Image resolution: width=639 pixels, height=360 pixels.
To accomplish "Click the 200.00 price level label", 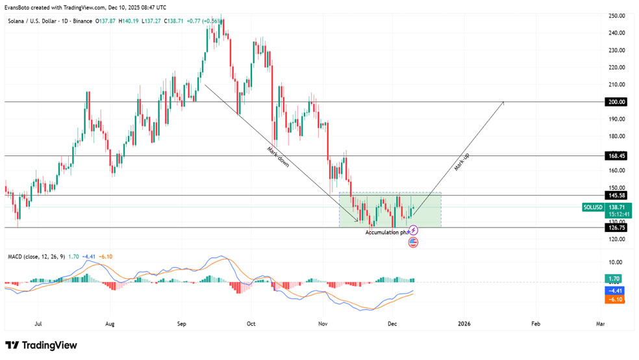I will (x=616, y=102).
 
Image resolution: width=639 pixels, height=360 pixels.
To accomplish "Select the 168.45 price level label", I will (x=616, y=156).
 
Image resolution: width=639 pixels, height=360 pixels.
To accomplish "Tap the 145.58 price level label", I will (x=616, y=195).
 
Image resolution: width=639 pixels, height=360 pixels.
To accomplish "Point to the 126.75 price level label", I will (x=616, y=227).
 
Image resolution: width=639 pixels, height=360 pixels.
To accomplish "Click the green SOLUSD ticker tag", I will (x=593, y=207).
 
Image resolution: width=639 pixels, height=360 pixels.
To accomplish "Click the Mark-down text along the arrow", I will (x=277, y=158).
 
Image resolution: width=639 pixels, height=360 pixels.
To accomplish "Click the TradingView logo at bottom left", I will (x=41, y=345).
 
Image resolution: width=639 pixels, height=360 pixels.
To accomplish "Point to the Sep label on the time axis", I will (x=182, y=323).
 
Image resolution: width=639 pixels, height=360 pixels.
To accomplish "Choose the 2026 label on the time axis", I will (x=464, y=323).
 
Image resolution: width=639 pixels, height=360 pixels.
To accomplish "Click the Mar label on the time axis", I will (x=600, y=323).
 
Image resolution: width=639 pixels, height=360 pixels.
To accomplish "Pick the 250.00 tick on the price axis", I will (x=617, y=16).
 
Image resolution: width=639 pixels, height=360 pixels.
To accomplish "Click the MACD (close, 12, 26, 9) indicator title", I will (x=36, y=257).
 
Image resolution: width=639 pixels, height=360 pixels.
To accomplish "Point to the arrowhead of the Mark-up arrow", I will (x=503, y=103).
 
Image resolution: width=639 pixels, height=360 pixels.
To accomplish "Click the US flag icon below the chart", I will (x=413, y=242).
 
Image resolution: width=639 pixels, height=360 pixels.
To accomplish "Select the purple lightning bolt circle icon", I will (x=414, y=230).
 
